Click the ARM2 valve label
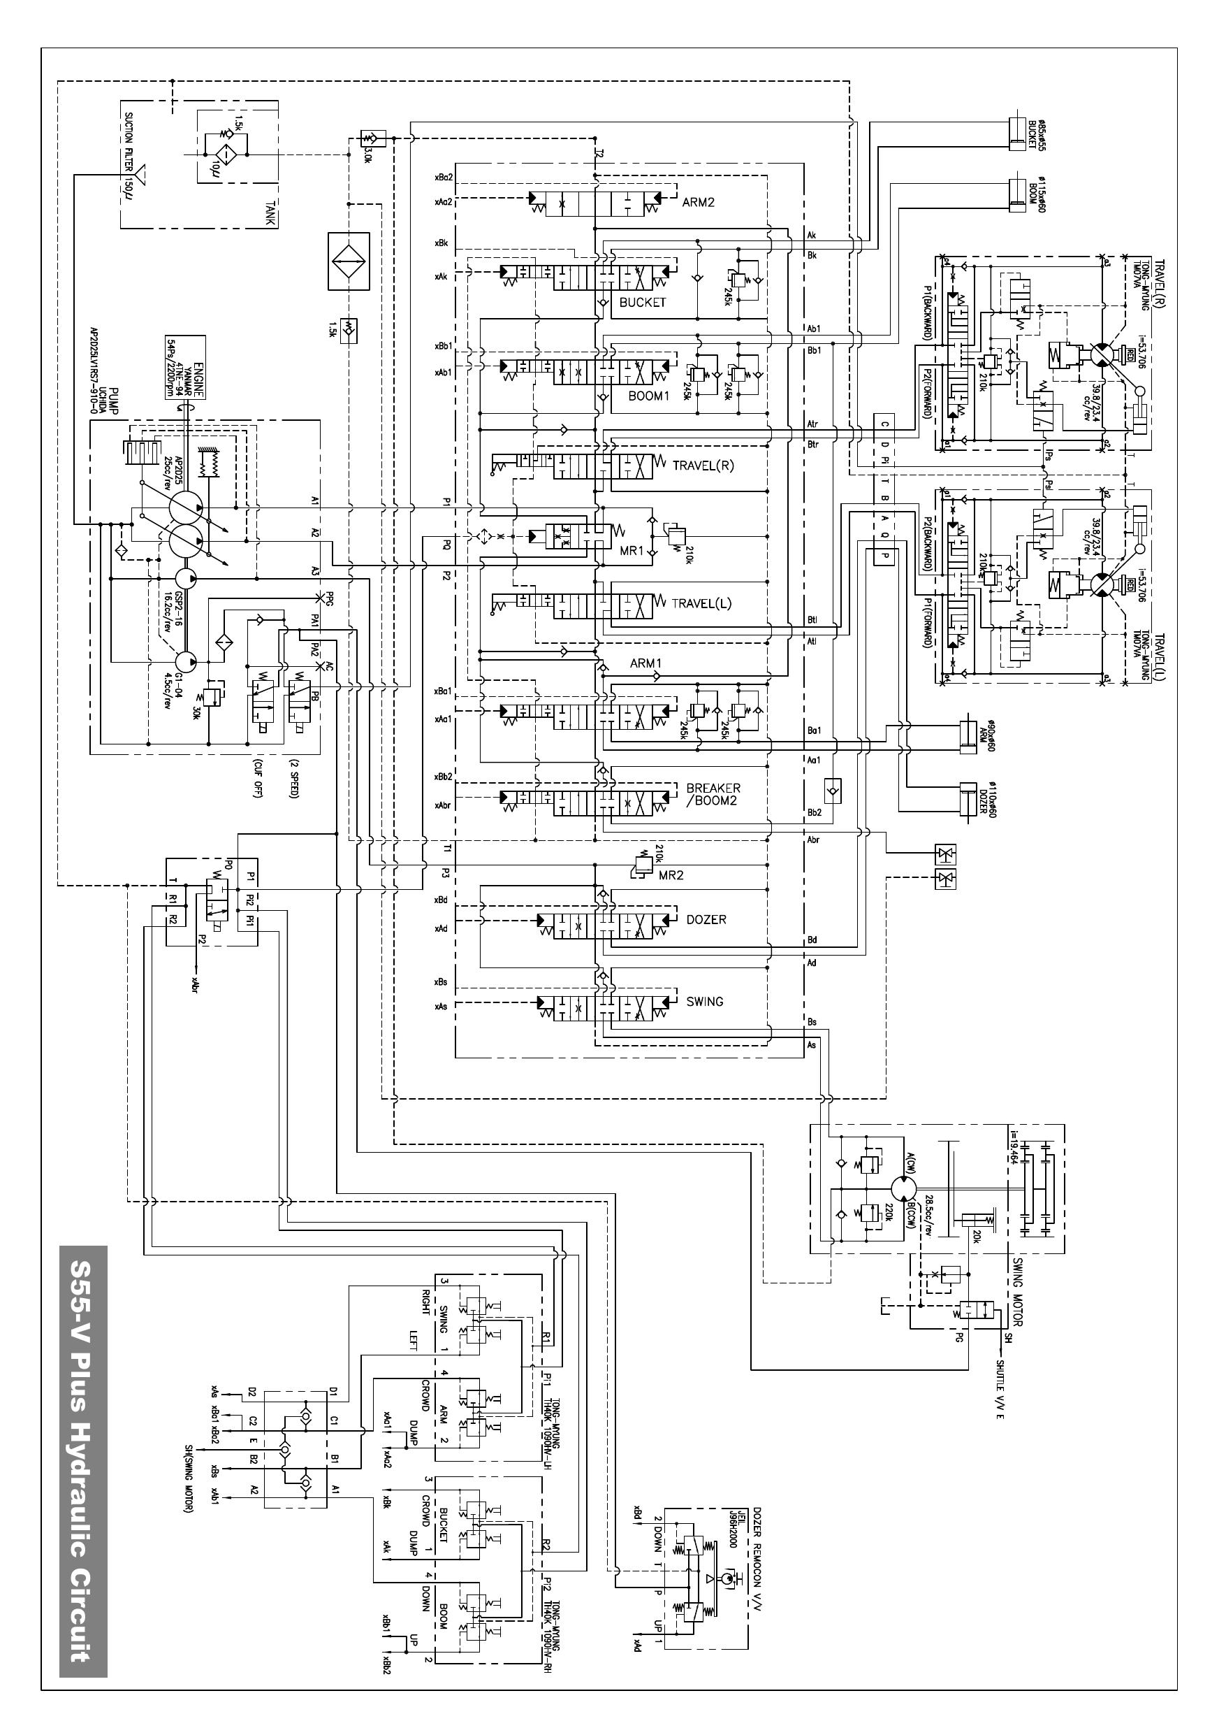(697, 203)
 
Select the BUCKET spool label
(642, 302)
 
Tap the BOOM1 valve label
(648, 396)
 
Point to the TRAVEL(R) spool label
(703, 466)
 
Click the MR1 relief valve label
(632, 551)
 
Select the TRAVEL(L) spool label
(702, 603)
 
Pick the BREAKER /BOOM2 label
(713, 794)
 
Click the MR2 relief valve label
(671, 875)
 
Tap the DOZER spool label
(706, 920)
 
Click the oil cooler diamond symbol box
(348, 261)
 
